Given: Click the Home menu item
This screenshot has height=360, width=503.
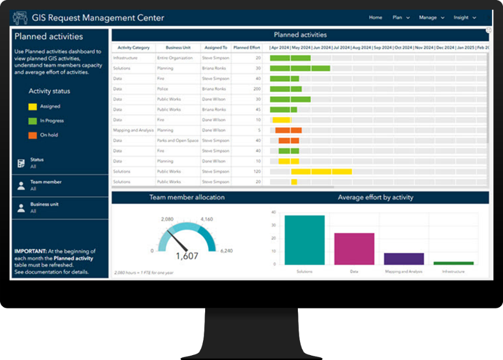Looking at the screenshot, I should click(375, 17).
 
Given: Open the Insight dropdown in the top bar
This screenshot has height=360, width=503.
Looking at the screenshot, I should click(464, 17).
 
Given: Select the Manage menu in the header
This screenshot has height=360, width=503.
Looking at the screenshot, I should click(431, 17).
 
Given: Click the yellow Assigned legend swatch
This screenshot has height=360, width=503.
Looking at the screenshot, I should click(33, 106).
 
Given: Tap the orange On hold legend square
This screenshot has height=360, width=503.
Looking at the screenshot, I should click(33, 135).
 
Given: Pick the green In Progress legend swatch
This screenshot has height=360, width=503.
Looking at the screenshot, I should click(33, 121).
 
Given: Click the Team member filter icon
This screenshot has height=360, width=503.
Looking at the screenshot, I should click(21, 185).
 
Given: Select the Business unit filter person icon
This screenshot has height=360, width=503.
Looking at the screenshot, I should click(21, 208).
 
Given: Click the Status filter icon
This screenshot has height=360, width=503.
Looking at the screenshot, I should click(21, 163).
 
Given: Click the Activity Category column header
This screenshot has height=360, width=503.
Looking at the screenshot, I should click(134, 48).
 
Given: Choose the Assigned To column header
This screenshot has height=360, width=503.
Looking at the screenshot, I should click(215, 48).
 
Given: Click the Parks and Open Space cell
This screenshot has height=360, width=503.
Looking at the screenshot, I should click(178, 141).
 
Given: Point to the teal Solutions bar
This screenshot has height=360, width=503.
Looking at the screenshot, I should click(304, 240).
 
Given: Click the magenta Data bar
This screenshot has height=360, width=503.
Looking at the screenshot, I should click(354, 249).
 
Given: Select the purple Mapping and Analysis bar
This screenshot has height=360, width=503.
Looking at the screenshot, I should click(404, 259).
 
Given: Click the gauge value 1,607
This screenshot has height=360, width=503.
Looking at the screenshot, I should click(187, 256).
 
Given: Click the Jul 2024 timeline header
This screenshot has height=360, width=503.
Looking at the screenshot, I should click(340, 48).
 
